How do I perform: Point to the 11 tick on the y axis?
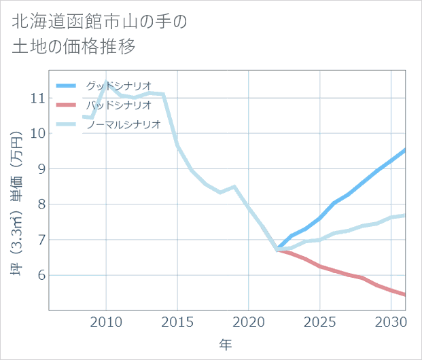[38, 98]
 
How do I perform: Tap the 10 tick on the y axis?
[38, 133]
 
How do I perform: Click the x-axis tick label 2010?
[106, 322]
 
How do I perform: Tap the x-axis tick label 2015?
[177, 322]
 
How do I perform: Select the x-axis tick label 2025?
[319, 322]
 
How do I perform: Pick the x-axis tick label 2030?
[391, 322]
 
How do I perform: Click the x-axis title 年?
[226, 345]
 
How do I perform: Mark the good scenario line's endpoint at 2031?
[405, 150]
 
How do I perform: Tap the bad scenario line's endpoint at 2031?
[405, 295]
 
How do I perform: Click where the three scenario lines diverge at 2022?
[277, 249]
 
